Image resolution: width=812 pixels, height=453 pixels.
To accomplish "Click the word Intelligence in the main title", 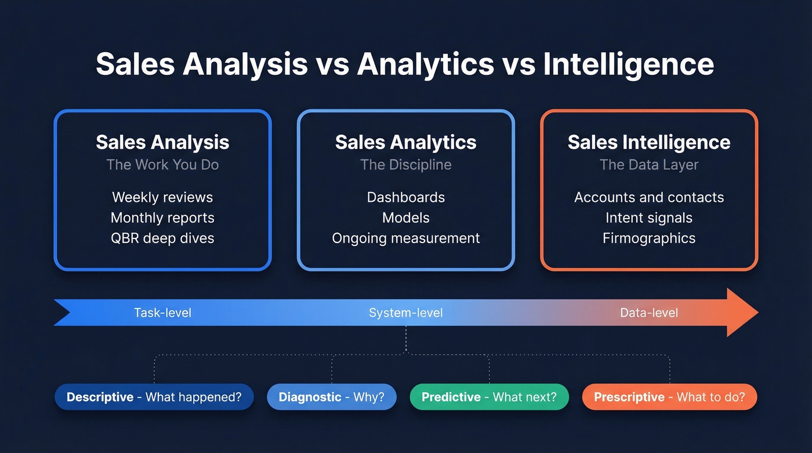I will coord(628,64).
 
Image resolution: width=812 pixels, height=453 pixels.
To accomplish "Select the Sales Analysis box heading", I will coord(162,142).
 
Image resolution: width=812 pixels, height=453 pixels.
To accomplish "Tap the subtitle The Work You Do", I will coord(162,165).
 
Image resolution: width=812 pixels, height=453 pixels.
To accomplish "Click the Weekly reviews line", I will coord(162,197).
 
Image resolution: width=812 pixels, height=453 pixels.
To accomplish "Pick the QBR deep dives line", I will coord(162,238).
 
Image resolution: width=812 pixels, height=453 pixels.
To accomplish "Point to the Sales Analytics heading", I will coord(406,142).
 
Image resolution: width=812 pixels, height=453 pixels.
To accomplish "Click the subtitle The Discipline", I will coord(406,165).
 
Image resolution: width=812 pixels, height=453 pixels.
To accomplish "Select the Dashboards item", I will coord(406,197).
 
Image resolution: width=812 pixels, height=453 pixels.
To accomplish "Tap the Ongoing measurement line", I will coord(406,238).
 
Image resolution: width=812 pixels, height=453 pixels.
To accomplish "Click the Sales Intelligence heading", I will coord(649,142).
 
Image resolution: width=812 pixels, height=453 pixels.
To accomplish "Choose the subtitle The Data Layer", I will coord(649,165).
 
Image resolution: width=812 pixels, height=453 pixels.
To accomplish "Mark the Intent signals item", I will coord(649,218).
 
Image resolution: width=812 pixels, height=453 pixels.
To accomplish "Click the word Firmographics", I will coord(649,238).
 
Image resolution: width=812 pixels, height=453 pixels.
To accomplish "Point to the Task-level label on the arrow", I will coord(162,313).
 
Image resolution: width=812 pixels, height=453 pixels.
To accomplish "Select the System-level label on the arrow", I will coord(406,313).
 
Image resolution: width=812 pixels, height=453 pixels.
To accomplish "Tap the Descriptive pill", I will coord(154,397).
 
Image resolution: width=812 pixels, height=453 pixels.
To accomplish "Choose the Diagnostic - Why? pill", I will coord(332,397).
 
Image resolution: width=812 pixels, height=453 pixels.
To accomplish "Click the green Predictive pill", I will coord(489,397).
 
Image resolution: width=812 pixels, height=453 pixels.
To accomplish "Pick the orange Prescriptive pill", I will coord(669,397).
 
